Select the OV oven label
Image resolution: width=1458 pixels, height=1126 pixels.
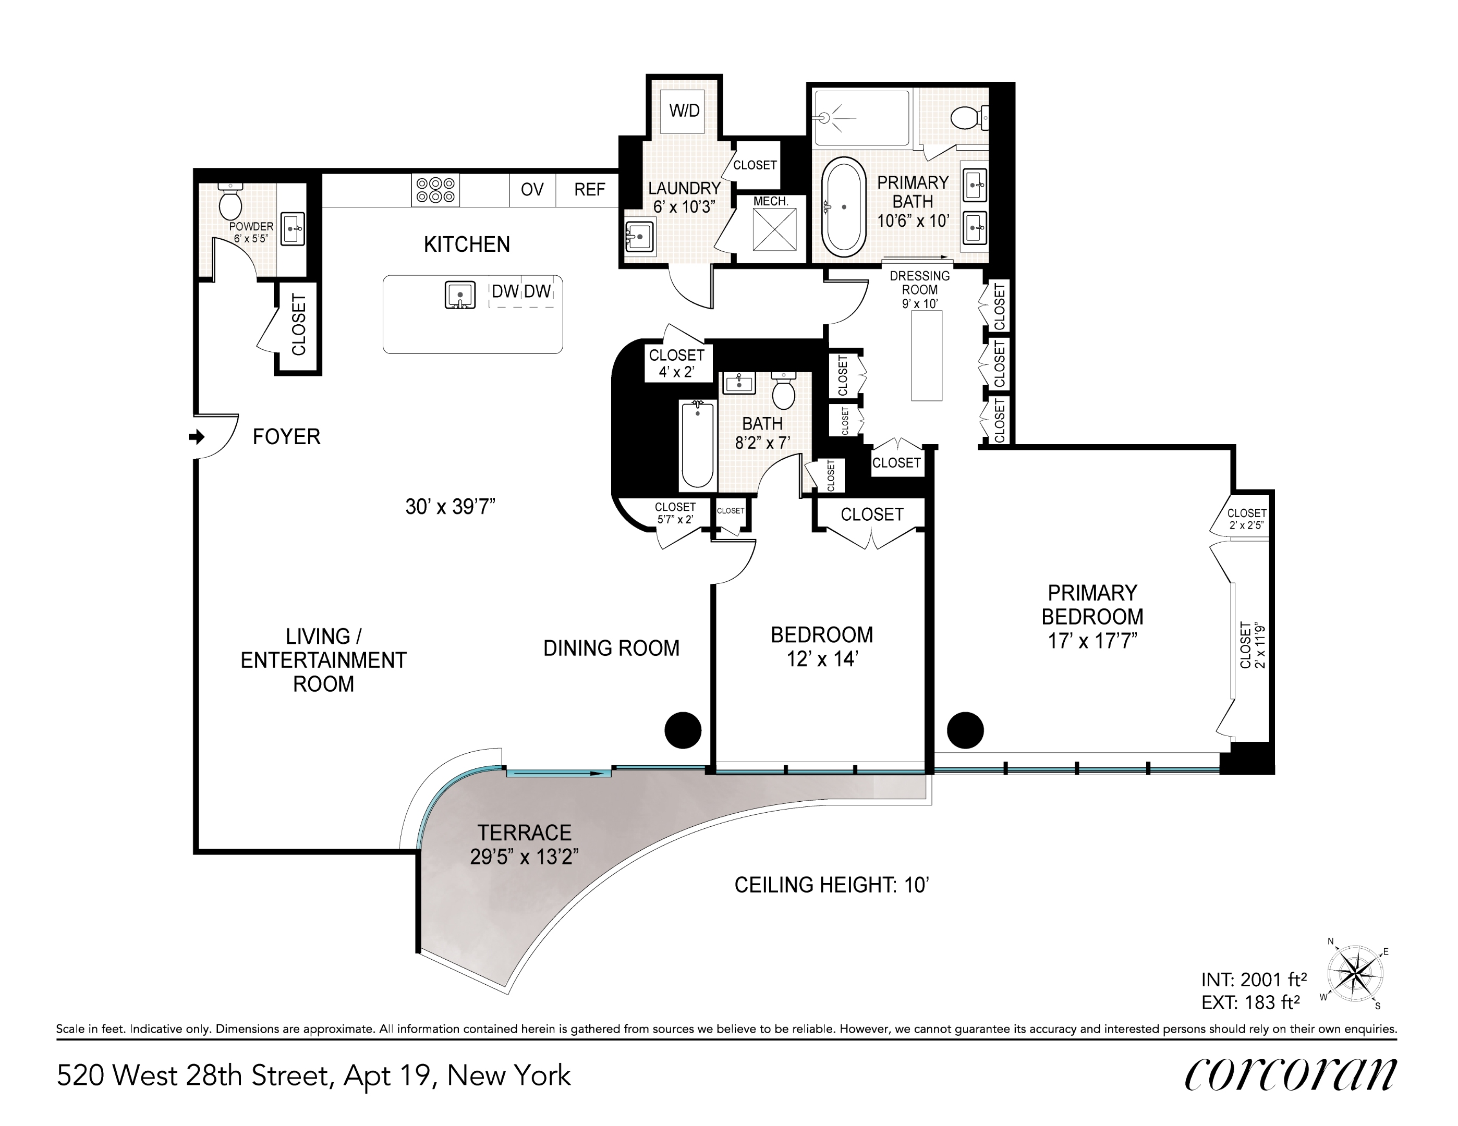(532, 190)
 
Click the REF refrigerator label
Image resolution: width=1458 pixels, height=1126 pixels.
(589, 190)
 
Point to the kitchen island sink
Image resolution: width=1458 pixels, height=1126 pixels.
(460, 295)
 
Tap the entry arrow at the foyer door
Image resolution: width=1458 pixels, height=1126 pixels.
(196, 437)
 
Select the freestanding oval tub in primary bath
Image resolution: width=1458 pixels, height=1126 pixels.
(844, 207)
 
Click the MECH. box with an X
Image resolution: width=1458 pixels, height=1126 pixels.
(774, 229)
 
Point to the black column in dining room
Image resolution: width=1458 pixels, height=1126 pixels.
(683, 729)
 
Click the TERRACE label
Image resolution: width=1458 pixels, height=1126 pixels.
(524, 833)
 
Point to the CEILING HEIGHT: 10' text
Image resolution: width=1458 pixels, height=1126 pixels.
(832, 885)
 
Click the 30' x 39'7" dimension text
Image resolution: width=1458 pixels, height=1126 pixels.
(450, 507)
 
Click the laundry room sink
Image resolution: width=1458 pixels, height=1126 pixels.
(639, 236)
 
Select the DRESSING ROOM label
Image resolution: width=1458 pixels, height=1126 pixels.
(919, 283)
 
